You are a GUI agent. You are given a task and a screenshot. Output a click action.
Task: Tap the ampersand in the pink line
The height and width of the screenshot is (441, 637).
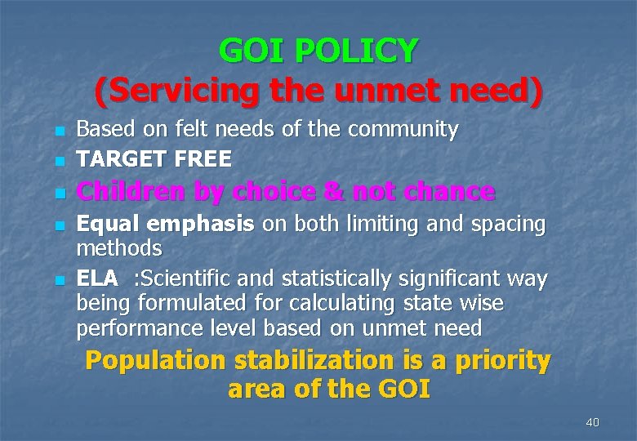point(333,192)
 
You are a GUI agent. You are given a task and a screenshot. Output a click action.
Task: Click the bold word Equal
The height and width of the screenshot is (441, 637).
point(107,224)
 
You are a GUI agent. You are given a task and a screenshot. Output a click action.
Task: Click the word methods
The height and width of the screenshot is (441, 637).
point(119,247)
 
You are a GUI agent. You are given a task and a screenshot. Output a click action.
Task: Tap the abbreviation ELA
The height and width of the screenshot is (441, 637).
point(97,279)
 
